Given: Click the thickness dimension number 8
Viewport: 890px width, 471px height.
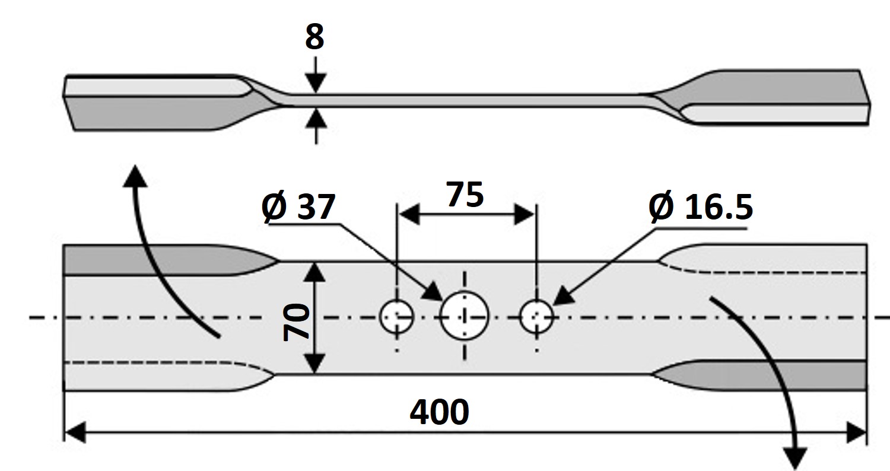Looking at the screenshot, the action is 314,37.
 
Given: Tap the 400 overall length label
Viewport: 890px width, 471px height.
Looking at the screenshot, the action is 440,412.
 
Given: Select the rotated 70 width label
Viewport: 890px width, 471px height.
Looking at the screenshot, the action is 296,322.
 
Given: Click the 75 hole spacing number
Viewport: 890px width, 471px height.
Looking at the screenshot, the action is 465,195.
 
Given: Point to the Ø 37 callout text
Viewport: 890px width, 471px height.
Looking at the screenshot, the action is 299,206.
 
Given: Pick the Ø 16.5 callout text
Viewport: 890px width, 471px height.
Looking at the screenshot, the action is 701,206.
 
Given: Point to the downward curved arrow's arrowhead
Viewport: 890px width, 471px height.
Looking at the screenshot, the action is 796,458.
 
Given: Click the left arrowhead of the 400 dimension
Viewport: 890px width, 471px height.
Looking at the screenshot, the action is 75,432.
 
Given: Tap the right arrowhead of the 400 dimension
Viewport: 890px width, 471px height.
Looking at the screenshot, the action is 856,432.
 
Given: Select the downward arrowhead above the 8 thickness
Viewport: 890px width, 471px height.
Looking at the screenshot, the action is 316,82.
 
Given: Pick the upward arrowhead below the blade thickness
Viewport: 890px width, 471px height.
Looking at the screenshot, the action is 316,119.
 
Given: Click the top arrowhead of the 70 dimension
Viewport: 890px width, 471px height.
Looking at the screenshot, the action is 314,272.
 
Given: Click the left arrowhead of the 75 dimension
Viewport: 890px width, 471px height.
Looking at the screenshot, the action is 409,215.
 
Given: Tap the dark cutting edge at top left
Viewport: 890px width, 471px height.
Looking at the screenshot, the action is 167,261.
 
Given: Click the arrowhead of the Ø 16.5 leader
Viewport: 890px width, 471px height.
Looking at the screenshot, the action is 564,296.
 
